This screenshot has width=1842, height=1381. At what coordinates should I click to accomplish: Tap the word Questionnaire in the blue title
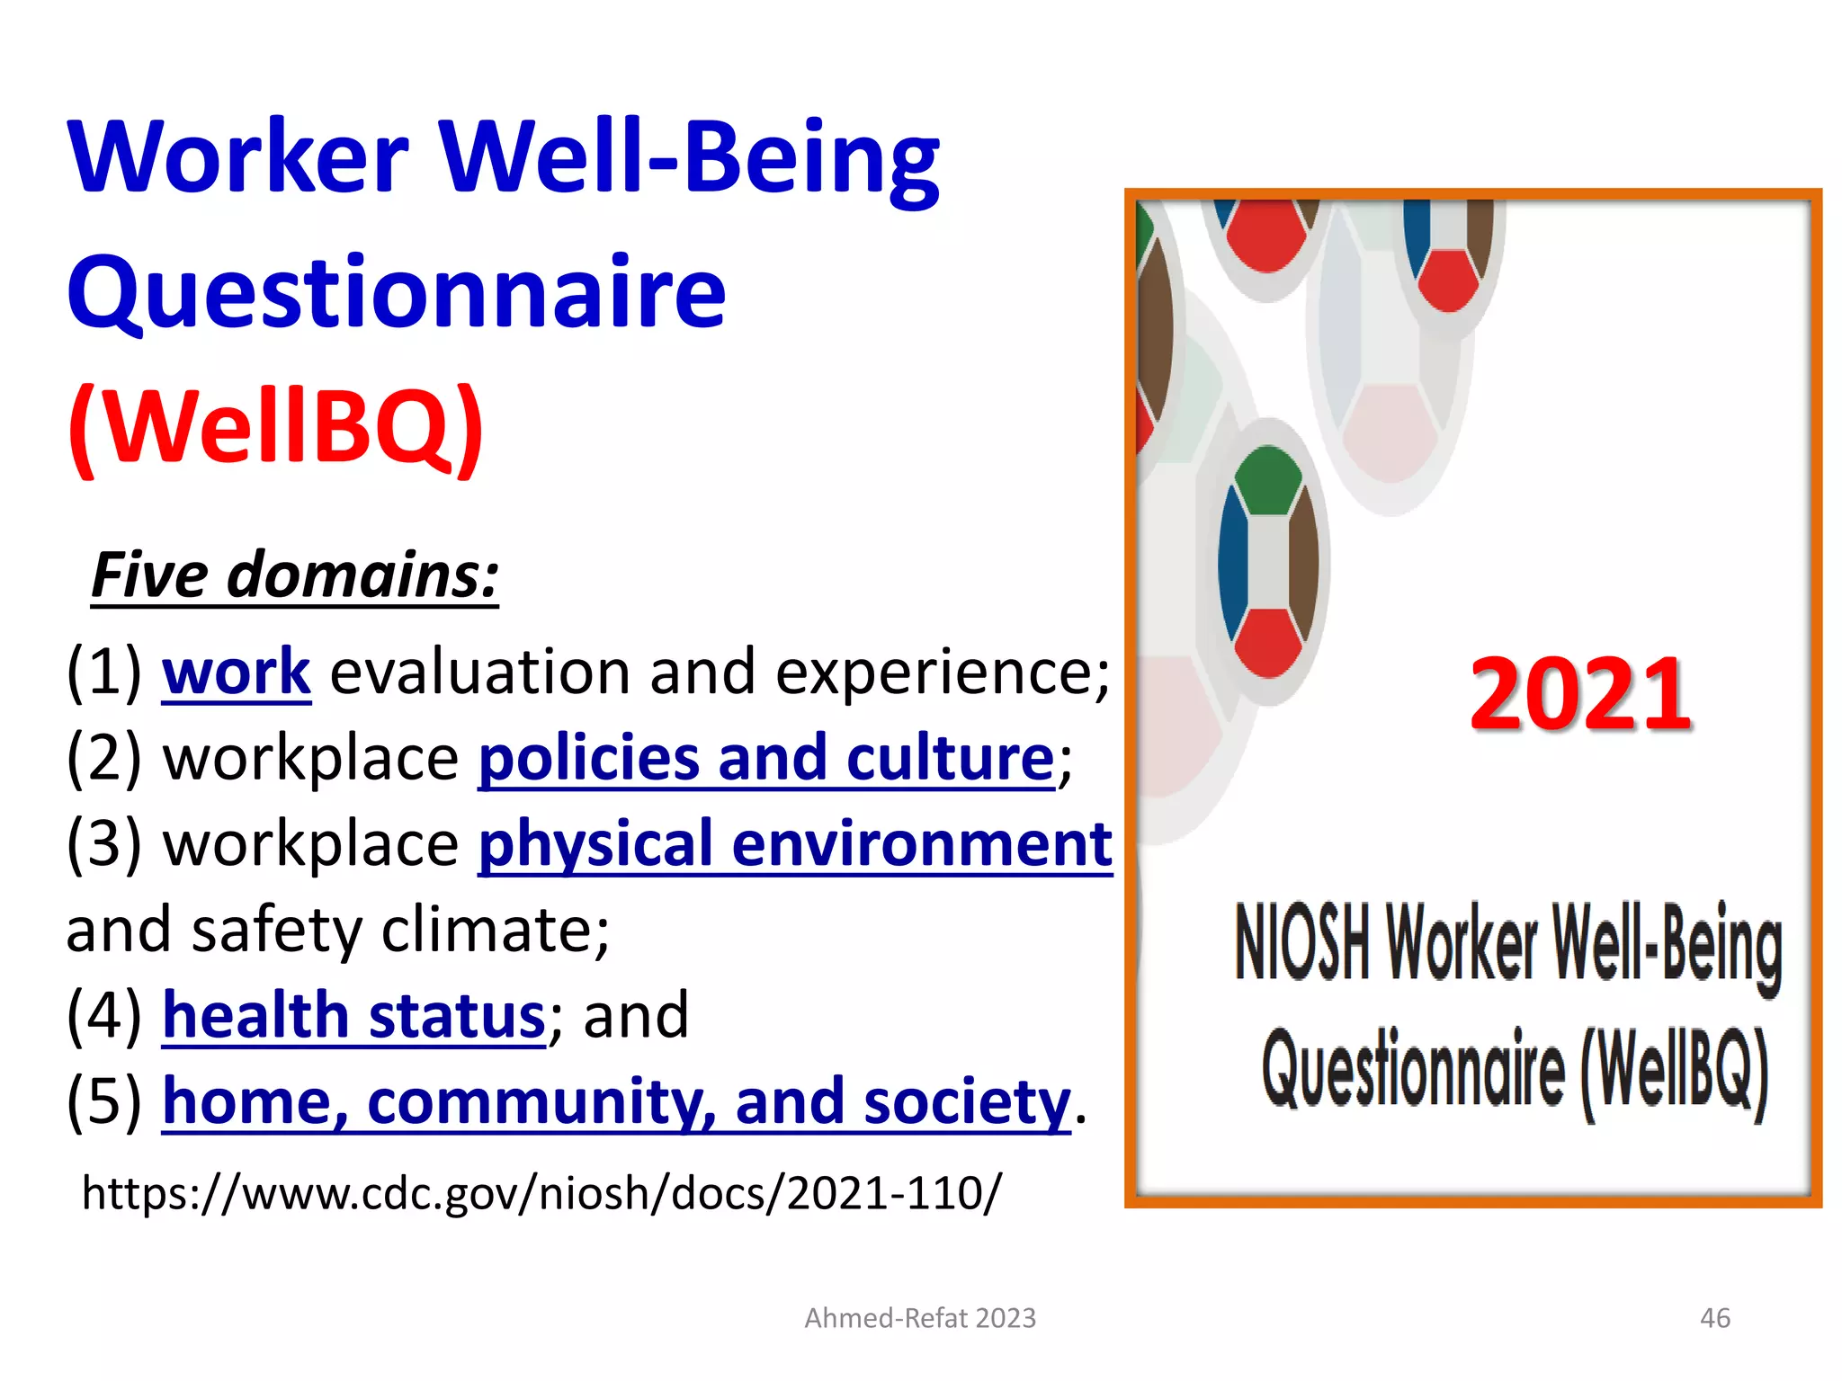(396, 292)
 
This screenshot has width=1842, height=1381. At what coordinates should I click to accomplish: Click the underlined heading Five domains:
(294, 575)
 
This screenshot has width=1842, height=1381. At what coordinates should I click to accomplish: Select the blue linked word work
(237, 672)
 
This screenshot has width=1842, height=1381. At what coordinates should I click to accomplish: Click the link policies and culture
(765, 758)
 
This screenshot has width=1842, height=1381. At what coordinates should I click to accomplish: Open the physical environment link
(795, 844)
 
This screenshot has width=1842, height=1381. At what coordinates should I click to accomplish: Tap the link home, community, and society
(616, 1102)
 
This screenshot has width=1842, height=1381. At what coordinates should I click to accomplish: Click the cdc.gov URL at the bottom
(541, 1193)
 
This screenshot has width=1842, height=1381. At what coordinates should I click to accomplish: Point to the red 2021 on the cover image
(1580, 694)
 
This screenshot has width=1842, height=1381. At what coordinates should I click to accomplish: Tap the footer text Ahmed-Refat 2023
(920, 1318)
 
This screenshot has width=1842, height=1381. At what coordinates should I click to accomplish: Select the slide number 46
(1714, 1318)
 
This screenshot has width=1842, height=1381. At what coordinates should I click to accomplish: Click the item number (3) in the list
(104, 844)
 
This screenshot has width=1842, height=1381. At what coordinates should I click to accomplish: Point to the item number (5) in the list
(104, 1102)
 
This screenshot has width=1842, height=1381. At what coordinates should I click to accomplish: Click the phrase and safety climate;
(337, 930)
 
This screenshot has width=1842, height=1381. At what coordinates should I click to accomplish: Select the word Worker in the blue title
(238, 157)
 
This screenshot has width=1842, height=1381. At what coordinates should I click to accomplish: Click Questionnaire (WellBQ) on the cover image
(1515, 1070)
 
